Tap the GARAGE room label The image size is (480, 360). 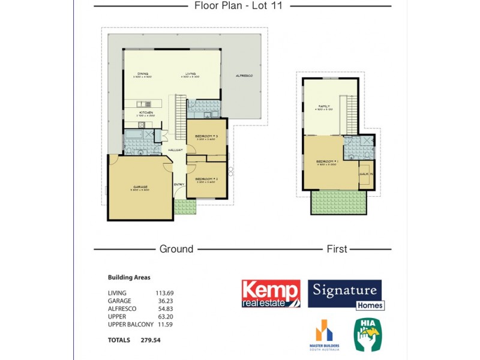(x=141, y=187)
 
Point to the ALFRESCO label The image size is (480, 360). (x=244, y=76)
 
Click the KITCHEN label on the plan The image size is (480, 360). (x=146, y=112)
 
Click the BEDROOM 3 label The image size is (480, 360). (x=206, y=137)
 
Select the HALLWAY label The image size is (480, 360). (x=176, y=149)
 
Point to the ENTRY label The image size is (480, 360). (x=178, y=184)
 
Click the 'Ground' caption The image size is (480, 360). (x=176, y=248)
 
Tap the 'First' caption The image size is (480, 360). (x=337, y=248)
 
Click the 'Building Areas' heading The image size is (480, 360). (x=129, y=277)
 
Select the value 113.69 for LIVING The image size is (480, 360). (x=164, y=293)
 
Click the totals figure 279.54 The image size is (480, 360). (x=150, y=340)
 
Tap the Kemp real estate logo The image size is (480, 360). (x=271, y=294)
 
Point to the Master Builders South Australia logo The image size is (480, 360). (x=325, y=336)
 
